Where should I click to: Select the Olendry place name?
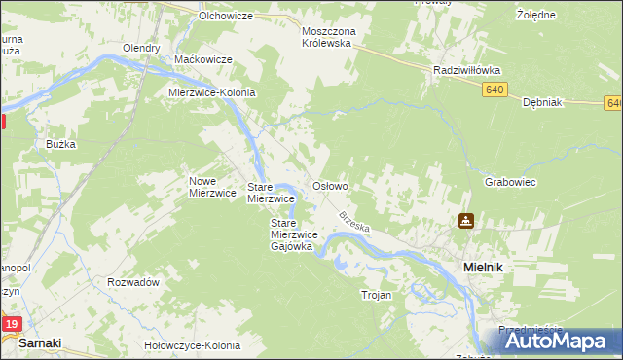140,48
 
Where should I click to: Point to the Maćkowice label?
202,59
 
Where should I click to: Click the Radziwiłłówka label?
466,70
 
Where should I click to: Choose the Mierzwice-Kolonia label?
211,92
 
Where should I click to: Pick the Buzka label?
60,143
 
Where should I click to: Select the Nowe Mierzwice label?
212,186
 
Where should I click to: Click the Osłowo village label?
329,185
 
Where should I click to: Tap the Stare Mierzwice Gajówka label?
291,234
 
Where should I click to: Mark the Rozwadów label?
133,282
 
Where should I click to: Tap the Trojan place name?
376,295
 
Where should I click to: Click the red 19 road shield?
11,324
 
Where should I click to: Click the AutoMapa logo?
561,341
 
